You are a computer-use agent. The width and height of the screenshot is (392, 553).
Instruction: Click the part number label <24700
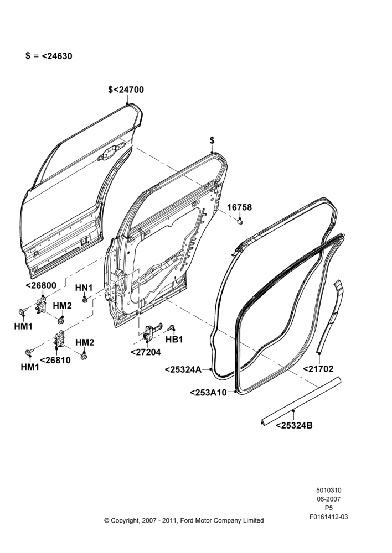(128, 90)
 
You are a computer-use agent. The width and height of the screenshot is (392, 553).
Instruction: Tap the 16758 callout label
(239, 207)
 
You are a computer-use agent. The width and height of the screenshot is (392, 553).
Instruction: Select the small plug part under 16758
(240, 221)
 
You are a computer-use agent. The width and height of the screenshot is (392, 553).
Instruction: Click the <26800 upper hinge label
(41, 286)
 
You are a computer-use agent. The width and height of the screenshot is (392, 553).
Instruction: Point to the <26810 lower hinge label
(55, 360)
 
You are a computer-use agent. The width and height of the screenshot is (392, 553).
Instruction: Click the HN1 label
(84, 288)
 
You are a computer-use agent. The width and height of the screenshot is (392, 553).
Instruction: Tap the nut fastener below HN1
(85, 300)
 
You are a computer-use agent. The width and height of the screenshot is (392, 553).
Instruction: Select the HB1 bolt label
(174, 340)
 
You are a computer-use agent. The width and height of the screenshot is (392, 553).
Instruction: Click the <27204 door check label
(146, 352)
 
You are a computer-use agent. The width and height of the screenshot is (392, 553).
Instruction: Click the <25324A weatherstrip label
(183, 369)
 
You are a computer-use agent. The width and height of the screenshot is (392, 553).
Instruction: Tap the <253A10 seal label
(208, 392)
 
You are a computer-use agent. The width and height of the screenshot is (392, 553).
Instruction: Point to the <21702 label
(318, 369)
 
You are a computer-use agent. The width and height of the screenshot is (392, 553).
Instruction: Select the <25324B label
(294, 425)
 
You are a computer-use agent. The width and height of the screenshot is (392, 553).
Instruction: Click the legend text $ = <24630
(49, 56)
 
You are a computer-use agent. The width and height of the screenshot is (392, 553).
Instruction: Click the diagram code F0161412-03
(328, 517)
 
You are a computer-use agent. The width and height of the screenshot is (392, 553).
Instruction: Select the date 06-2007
(328, 499)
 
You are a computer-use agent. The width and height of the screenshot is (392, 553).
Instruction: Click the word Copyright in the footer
(125, 520)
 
